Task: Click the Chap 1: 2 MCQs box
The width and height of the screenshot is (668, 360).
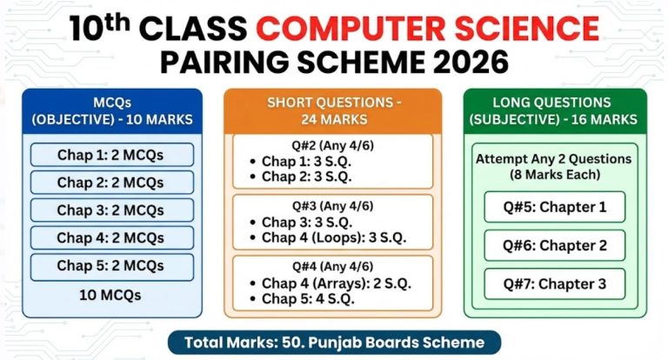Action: (110, 156)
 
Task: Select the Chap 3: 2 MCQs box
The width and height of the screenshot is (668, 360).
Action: (110, 210)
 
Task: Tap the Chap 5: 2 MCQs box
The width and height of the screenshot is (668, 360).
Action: (110, 265)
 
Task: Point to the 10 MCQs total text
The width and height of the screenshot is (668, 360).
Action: (110, 295)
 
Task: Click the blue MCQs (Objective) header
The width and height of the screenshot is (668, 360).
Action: (111, 110)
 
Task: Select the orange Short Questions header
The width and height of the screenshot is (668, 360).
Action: (334, 110)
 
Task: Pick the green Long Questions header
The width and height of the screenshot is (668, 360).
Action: (555, 110)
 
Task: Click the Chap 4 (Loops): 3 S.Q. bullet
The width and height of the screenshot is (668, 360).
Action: (334, 237)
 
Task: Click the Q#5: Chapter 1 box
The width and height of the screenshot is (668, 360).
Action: (555, 207)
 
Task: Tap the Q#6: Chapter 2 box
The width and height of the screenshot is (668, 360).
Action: (555, 245)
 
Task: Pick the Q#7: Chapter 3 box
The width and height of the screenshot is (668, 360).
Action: (555, 283)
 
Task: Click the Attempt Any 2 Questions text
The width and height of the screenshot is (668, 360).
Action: (555, 160)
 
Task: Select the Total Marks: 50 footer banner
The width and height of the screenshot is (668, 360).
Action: (334, 342)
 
